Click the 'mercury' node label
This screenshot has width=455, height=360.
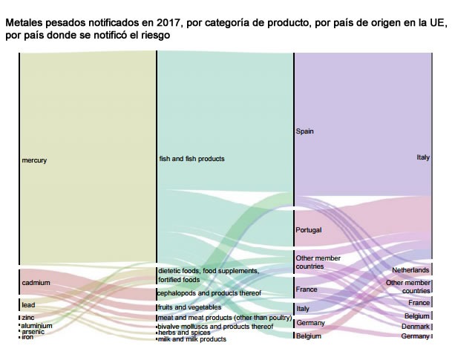coord(34,160)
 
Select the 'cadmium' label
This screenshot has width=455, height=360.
coord(36,283)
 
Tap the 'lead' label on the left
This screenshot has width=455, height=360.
coord(28,304)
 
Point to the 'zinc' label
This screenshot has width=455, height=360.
coord(27,318)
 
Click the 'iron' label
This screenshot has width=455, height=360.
coord(27,337)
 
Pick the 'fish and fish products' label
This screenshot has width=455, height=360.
coord(192,158)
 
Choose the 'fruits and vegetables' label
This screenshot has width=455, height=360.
coord(189,307)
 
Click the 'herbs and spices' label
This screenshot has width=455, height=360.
coord(185,333)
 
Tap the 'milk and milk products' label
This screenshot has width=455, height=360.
coord(192,339)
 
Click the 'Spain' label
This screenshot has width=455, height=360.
coord(304,131)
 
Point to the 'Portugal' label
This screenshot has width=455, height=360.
coord(309,230)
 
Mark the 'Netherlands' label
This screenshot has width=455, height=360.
coord(410,270)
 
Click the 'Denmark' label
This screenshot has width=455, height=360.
coord(416,327)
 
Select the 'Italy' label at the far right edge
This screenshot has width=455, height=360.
coord(422,157)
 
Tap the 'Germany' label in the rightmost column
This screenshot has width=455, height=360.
coord(415,336)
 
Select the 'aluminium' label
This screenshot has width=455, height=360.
coord(36,325)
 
